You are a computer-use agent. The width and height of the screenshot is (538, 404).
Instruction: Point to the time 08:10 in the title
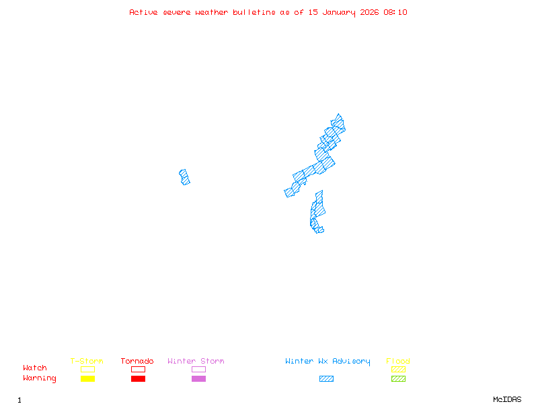[395, 12]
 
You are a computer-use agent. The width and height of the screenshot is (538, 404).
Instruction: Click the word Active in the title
[145, 12]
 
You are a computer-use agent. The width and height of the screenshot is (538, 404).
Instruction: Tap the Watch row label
[35, 368]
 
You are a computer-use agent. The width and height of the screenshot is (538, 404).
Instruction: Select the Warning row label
[40, 378]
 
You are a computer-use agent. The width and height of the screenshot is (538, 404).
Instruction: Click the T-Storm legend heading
[87, 362]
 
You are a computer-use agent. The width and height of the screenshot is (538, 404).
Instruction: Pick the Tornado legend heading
[137, 362]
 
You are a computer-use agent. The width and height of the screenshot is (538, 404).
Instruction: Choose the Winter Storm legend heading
[196, 362]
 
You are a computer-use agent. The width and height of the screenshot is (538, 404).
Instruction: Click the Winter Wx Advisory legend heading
[328, 362]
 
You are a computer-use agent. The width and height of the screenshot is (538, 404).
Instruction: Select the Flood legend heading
[398, 362]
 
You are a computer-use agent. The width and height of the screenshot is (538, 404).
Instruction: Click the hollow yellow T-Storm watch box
[87, 369]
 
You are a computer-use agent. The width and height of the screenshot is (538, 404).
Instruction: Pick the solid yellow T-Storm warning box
[87, 379]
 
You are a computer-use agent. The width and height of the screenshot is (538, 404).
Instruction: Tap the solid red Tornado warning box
[138, 379]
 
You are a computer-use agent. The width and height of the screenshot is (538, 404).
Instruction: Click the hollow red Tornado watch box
[138, 369]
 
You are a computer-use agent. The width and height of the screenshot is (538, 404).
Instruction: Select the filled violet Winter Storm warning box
[198, 379]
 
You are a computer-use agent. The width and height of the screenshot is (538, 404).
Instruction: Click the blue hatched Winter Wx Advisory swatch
[326, 379]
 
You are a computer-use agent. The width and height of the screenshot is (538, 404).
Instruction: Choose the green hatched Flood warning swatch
[398, 379]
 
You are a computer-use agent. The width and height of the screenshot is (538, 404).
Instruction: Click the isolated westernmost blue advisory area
[184, 177]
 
